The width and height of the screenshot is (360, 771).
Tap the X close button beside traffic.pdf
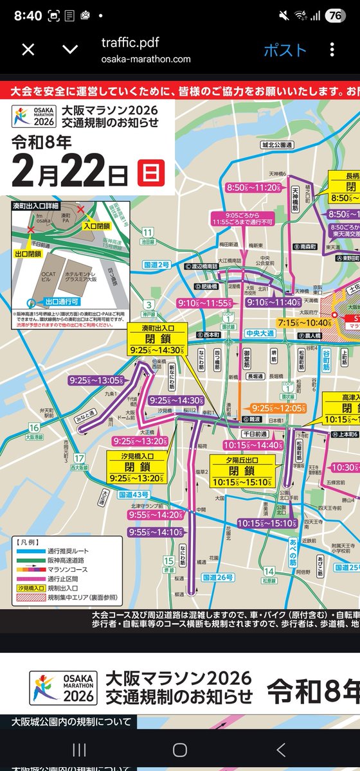pos(28,50)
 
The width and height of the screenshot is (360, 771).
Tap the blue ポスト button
pos(285,50)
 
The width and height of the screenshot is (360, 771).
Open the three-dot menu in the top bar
pos(332,50)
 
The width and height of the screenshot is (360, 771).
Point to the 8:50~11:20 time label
pos(254,188)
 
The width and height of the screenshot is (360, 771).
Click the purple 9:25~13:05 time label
pos(96,380)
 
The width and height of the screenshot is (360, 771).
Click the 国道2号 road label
pos(156,265)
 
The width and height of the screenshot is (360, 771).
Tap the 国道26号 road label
pos(218,578)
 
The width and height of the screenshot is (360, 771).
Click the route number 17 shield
pos(79,459)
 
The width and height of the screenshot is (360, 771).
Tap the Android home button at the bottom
pos(180,750)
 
